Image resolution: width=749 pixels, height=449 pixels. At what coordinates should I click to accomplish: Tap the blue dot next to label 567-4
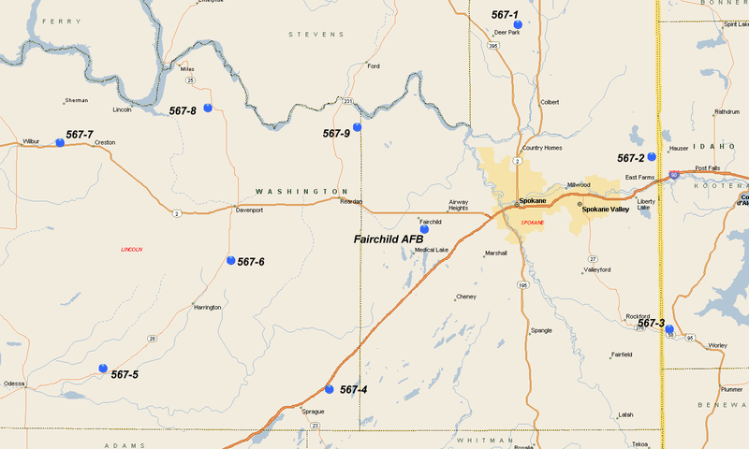pos(329,389)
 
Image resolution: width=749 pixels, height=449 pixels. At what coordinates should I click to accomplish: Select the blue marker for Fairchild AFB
pos(423,228)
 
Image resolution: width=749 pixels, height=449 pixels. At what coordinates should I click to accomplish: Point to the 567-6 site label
pos(251,262)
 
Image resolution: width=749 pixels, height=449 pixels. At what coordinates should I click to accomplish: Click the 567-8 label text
pos(183,111)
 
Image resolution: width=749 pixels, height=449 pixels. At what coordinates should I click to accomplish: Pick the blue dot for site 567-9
pos(357,127)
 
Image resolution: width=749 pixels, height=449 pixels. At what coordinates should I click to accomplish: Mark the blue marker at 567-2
pos(652,156)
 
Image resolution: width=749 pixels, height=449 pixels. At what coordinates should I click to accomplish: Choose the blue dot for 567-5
pos(103,369)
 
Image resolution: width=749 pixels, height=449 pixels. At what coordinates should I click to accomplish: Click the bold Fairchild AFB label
pos(389,239)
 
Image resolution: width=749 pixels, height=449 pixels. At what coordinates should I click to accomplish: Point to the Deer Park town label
pos(507,33)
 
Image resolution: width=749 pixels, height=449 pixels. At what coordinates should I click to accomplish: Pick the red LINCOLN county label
pos(133,250)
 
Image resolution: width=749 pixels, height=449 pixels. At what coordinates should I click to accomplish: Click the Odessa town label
pos(14,384)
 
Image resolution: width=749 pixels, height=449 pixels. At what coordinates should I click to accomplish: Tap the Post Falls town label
pos(707,169)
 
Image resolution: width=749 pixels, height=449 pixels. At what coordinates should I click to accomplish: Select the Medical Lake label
pos(432,250)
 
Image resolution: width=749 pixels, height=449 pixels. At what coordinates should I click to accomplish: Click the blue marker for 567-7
pos(60,142)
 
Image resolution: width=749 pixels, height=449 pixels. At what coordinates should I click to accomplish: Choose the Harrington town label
pos(207,307)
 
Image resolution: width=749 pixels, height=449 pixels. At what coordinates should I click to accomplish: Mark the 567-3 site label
pos(651,324)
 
